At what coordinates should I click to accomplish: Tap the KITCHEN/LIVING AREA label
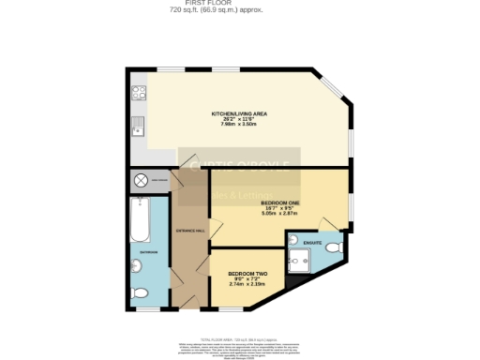[x=239, y=112]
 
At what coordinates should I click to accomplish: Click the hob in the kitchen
[x=139, y=93]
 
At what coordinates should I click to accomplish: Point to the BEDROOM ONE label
[x=280, y=203]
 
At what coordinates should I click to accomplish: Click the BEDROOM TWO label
[x=241, y=275]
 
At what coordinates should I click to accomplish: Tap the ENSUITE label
[x=313, y=243]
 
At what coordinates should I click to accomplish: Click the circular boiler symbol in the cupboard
[x=142, y=179]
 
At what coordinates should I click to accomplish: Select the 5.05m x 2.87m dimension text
[x=280, y=214]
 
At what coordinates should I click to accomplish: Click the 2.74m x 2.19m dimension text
[x=241, y=284]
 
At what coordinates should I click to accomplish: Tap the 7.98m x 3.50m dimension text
[x=239, y=124]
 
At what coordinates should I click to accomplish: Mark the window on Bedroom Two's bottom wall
[x=232, y=309]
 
